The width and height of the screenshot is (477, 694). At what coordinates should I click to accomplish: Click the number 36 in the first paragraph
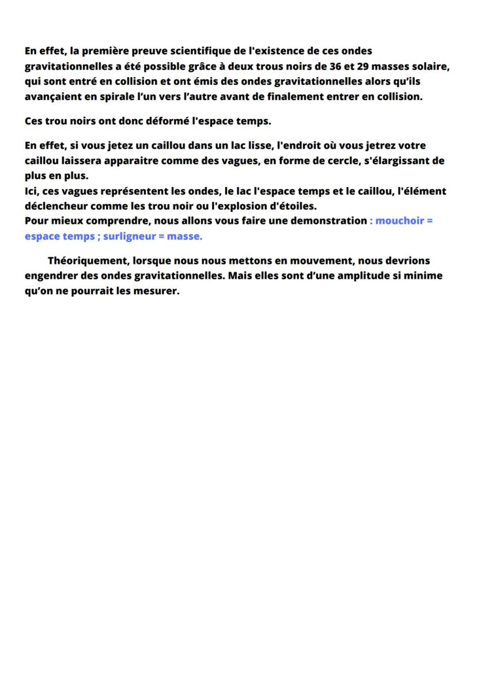pos(329,66)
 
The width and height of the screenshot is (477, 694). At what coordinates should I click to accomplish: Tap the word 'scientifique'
pos(204,51)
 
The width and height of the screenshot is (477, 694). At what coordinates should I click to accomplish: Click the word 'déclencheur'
pos(54,206)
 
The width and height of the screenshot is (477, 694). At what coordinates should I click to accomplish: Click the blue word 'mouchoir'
pos(400,221)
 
